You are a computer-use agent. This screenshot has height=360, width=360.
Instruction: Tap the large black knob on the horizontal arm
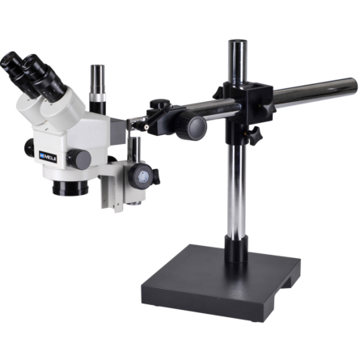tap(196, 125)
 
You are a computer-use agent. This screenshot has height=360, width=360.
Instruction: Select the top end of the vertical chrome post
tap(237, 44)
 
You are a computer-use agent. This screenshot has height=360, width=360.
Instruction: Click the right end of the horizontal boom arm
tap(349, 84)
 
